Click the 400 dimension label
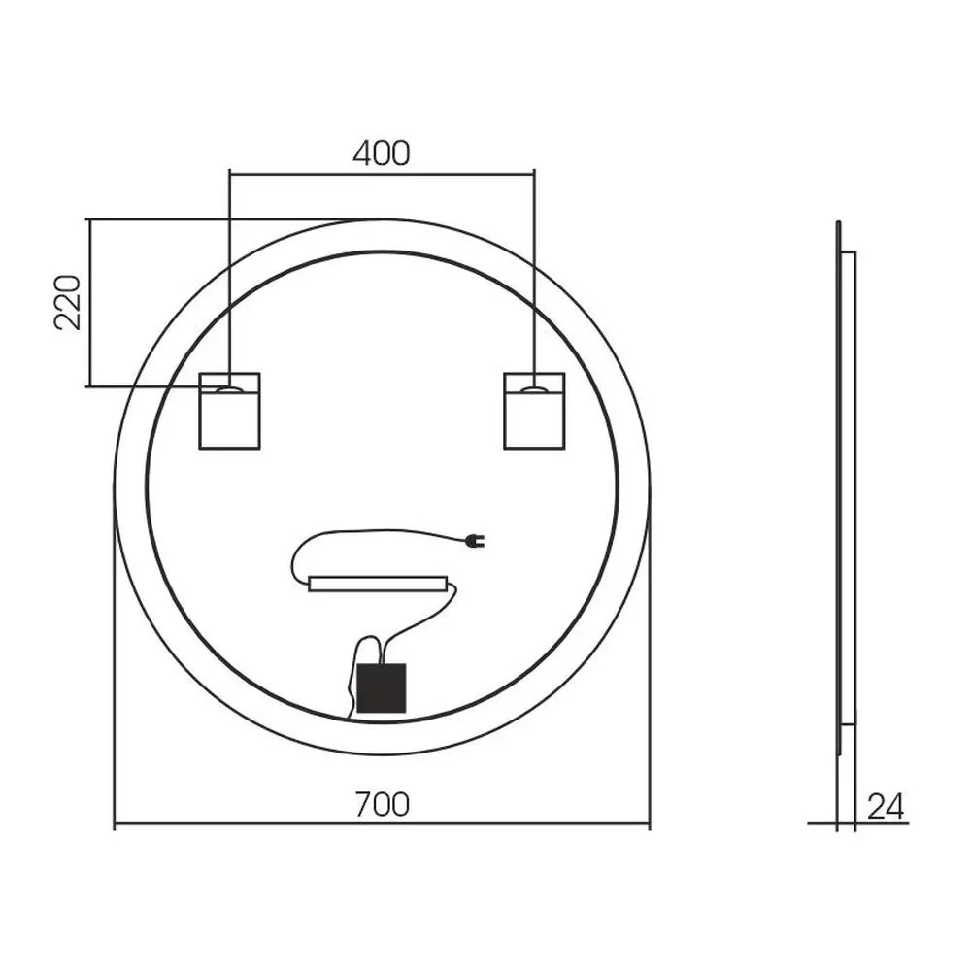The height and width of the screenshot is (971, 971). pos(381,153)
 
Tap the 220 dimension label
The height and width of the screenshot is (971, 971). pos(68,303)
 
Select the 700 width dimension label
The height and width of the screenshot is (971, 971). pos(382,804)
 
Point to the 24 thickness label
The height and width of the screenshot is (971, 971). pos(886,806)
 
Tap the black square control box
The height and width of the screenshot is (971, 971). pos(382,687)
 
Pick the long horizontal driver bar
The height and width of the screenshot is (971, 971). pos(378,584)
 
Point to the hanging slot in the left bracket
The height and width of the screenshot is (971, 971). pos(229,389)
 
